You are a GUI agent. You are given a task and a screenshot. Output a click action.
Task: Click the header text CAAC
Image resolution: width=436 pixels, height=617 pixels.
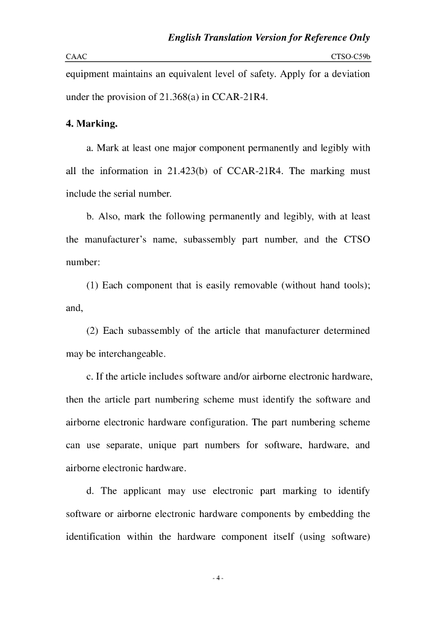[76, 57]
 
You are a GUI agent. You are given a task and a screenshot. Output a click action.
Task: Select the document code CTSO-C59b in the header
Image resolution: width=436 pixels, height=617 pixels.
[350, 57]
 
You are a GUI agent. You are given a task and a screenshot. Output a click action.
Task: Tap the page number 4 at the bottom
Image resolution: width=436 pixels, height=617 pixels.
[218, 579]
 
